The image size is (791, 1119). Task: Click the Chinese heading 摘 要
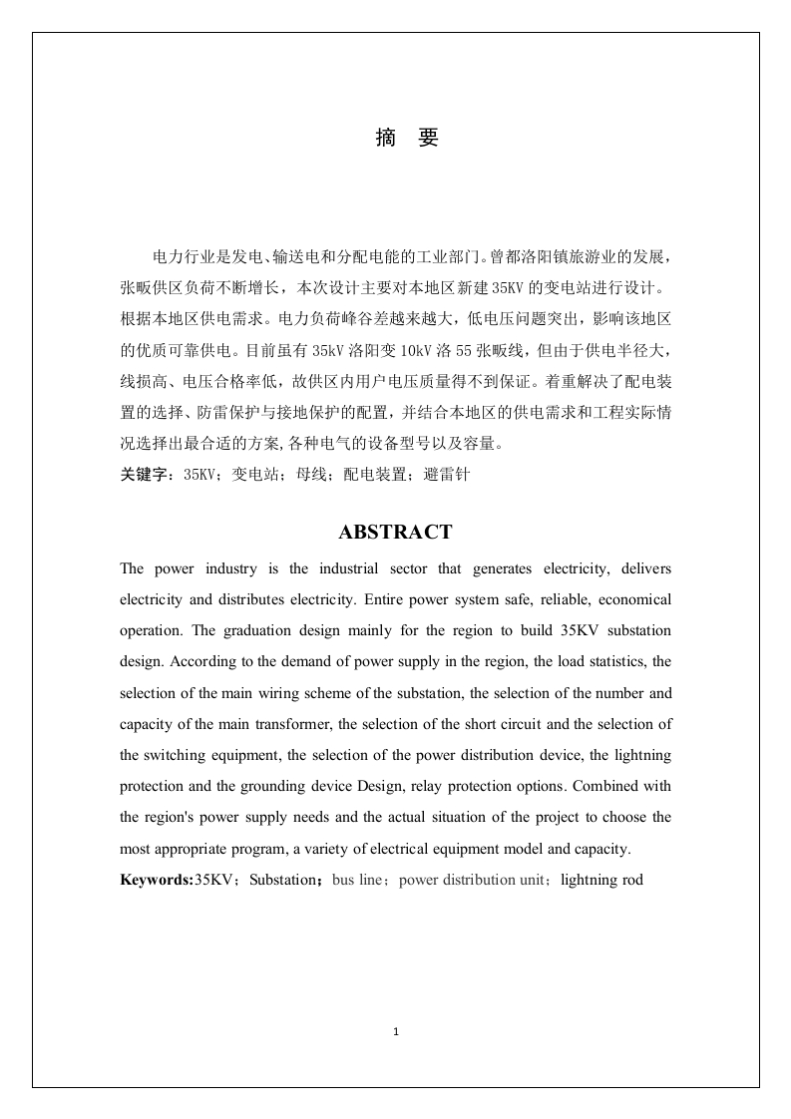click(x=406, y=139)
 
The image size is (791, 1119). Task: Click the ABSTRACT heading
click(x=395, y=533)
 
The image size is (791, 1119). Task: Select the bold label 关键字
click(x=146, y=476)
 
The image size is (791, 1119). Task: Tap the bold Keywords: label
click(x=157, y=880)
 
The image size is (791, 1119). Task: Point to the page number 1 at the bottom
click(x=396, y=1031)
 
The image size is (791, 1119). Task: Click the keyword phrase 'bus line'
click(x=355, y=880)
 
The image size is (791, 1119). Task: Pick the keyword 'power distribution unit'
click(x=466, y=880)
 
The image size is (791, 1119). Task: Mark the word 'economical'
click(x=630, y=600)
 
